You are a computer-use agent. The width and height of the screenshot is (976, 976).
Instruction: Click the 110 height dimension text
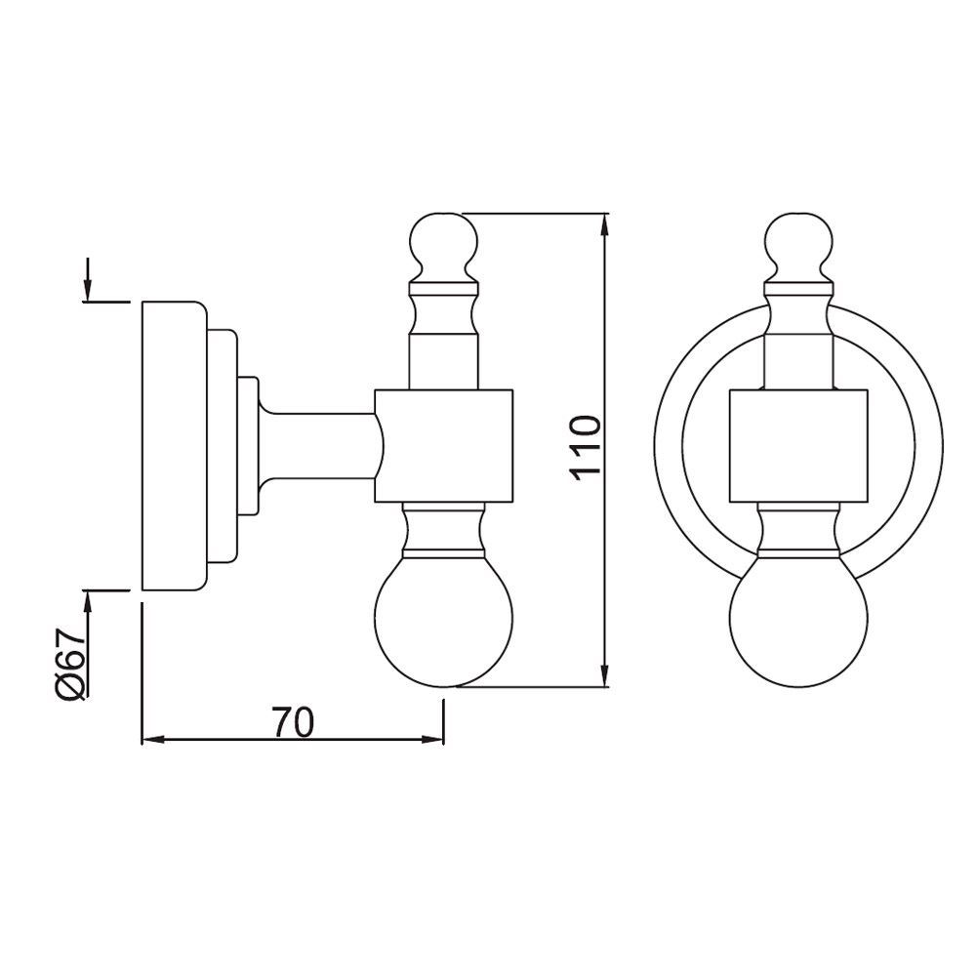[583, 446]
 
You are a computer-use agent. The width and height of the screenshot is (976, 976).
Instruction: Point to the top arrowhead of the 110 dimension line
[606, 226]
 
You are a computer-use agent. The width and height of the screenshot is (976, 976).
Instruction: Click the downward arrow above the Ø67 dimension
[88, 289]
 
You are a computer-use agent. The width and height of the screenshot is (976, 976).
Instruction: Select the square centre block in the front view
[799, 446]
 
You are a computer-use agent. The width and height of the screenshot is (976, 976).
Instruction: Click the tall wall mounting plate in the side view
[173, 446]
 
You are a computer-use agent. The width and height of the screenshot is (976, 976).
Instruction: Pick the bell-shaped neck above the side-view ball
[445, 532]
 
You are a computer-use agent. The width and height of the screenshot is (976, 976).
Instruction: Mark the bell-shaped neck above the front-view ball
[799, 532]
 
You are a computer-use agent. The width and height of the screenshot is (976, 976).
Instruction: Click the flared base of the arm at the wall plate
[264, 446]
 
